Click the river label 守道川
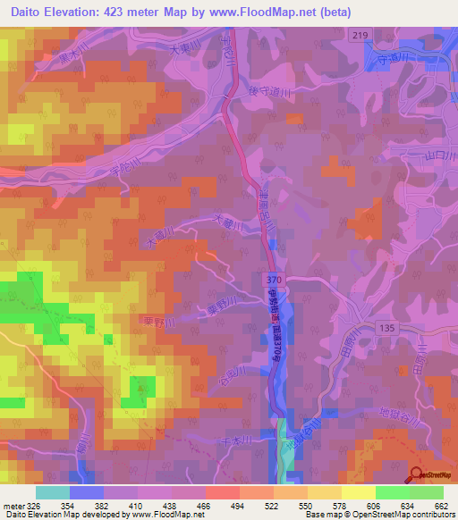(402, 60)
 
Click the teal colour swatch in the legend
(53, 492)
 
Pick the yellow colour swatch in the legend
(358, 492)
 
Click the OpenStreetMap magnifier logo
(417, 474)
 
